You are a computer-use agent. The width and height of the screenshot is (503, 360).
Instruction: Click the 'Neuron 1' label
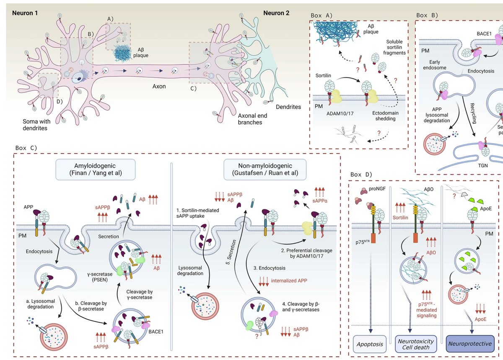click(25, 13)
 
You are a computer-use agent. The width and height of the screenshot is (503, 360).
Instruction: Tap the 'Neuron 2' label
click(276, 13)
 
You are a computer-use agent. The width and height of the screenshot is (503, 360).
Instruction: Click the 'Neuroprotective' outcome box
click(470, 343)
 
